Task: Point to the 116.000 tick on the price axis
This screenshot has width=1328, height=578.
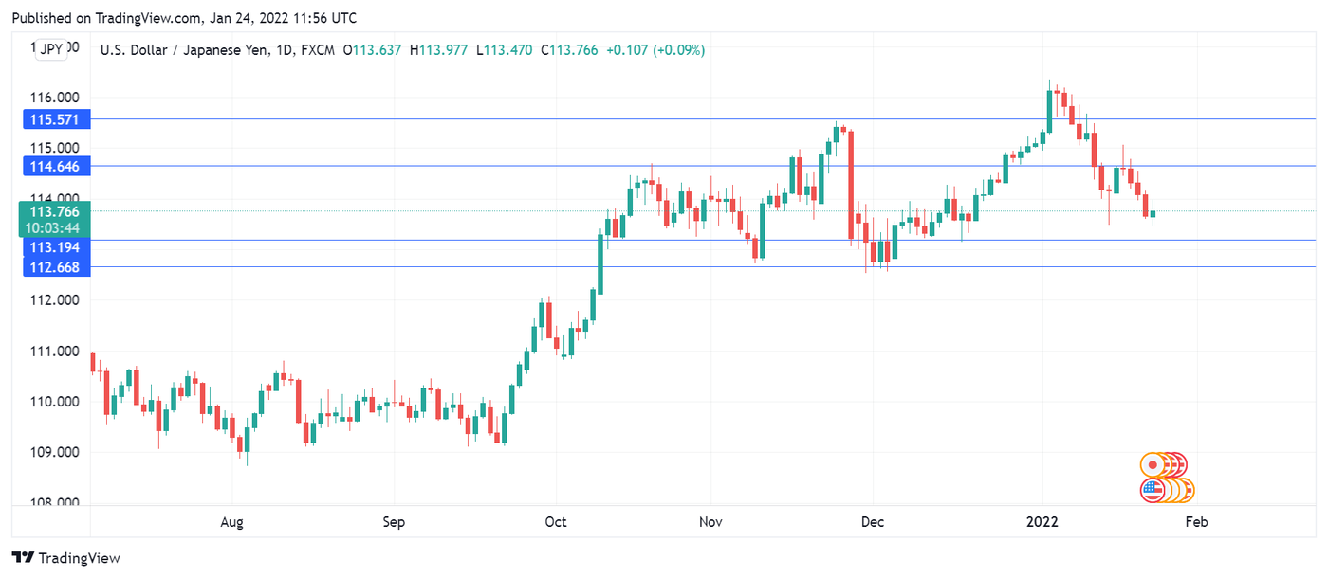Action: pyautogui.click(x=55, y=98)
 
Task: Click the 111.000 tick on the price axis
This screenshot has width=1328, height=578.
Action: pyautogui.click(x=55, y=352)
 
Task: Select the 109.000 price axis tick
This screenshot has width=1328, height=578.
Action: pyautogui.click(x=55, y=453)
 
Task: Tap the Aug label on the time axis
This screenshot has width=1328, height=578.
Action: pyautogui.click(x=231, y=522)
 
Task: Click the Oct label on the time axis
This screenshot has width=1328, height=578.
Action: pyautogui.click(x=556, y=522)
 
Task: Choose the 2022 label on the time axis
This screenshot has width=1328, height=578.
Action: pyautogui.click(x=1043, y=522)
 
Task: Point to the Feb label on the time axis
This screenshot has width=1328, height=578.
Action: pyautogui.click(x=1197, y=522)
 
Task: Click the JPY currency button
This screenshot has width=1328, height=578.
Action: pyautogui.click(x=51, y=49)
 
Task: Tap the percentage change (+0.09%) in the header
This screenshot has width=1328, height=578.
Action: pyautogui.click(x=678, y=50)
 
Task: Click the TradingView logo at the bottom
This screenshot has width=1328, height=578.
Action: pyautogui.click(x=66, y=558)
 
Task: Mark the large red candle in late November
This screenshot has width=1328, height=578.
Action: pyautogui.click(x=851, y=185)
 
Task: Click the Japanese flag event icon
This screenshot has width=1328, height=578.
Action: pyautogui.click(x=1153, y=464)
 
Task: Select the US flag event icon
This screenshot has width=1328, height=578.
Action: pyautogui.click(x=1153, y=490)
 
